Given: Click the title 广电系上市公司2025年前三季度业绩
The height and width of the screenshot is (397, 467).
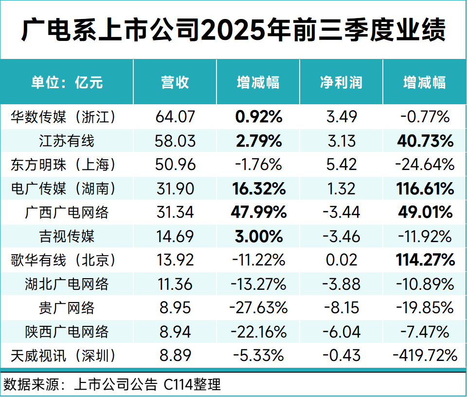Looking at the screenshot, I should (x=233, y=31).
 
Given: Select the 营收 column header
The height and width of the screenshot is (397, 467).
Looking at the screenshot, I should (x=175, y=82).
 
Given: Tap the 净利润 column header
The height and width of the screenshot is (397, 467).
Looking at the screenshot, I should (x=341, y=82).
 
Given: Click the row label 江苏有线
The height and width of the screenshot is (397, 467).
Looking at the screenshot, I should (x=67, y=141).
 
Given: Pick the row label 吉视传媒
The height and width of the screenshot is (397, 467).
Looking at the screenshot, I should (x=67, y=237).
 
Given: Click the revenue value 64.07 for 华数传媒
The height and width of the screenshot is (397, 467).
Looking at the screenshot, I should (x=175, y=117).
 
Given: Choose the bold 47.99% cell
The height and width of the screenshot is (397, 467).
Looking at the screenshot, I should (x=258, y=213).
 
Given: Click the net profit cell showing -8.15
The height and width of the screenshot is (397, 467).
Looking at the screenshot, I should (x=341, y=308).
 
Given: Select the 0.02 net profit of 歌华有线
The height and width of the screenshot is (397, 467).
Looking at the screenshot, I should (x=341, y=261).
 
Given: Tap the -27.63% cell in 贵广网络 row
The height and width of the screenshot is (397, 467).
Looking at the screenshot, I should (x=258, y=308).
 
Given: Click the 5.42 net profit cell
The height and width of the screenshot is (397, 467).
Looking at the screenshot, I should (x=341, y=165).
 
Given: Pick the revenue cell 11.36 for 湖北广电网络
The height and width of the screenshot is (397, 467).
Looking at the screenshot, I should (x=175, y=284).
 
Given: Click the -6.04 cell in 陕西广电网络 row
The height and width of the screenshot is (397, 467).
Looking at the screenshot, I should (x=341, y=332).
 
